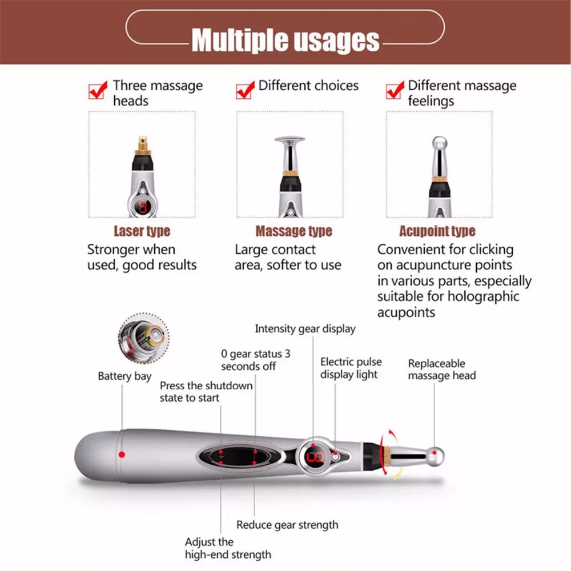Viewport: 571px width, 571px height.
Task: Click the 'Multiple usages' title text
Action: (x=285, y=40)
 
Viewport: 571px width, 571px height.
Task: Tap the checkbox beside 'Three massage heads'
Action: (x=98, y=90)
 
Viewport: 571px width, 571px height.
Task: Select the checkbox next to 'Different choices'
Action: (x=245, y=90)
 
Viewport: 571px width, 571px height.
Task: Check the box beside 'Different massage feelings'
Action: (x=395, y=90)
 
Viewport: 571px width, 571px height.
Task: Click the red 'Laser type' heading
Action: (x=142, y=231)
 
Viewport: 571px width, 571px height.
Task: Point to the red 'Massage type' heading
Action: (x=293, y=231)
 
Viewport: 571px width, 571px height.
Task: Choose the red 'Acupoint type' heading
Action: (x=437, y=231)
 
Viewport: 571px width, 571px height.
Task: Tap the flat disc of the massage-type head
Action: (x=289, y=139)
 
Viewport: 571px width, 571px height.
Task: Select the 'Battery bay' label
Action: (x=124, y=376)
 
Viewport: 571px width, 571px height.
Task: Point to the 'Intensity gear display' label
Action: (x=305, y=329)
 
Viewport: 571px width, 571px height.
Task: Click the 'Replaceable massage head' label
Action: (x=441, y=369)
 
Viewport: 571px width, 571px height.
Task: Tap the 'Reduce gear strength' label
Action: (x=287, y=525)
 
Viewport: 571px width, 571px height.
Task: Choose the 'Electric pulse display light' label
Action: (x=351, y=368)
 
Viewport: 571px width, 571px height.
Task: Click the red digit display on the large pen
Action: (x=315, y=456)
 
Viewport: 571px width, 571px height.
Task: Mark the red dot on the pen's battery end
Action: (x=121, y=454)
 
